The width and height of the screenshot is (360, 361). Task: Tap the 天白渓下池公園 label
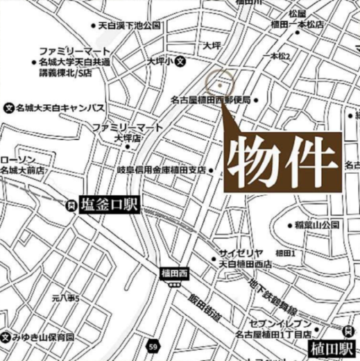(x=130, y=26)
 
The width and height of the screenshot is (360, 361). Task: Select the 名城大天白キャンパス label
(x=58, y=108)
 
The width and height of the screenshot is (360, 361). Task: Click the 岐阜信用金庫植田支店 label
(x=162, y=169)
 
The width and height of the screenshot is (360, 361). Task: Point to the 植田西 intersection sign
(x=173, y=272)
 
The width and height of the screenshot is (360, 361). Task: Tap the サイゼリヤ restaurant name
(x=240, y=253)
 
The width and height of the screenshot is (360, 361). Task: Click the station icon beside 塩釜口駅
(x=70, y=205)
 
